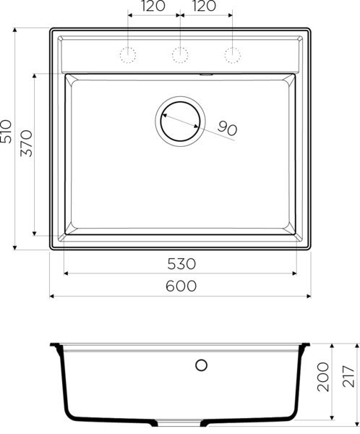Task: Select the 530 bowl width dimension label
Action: (x=181, y=263)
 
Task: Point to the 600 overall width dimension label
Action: (x=181, y=286)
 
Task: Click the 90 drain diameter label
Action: (x=227, y=130)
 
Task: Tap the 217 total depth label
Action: (x=350, y=376)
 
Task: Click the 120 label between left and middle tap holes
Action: (x=153, y=7)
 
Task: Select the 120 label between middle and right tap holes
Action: (x=205, y=7)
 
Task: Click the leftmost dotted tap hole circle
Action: (x=128, y=54)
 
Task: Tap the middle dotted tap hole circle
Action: (x=180, y=54)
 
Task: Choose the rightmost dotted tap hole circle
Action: (x=232, y=54)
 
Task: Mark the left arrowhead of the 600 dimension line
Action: (x=52, y=297)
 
